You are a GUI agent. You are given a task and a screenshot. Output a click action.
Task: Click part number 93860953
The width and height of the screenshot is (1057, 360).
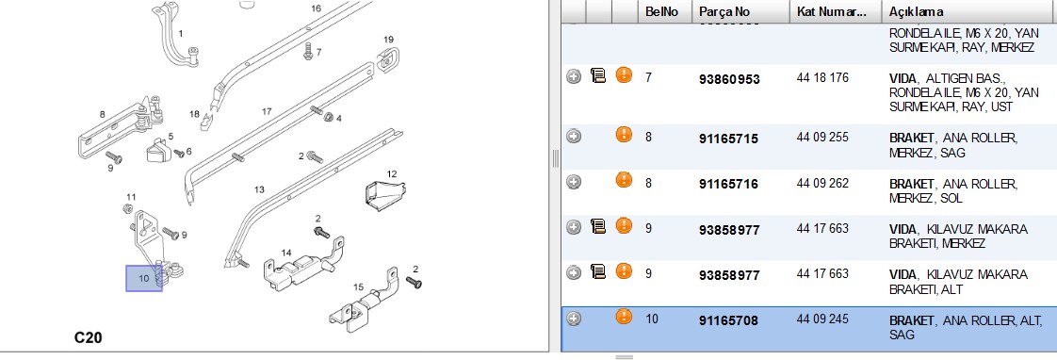pyautogui.click(x=729, y=79)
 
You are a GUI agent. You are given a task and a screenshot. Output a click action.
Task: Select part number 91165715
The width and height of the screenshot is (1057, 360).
pyautogui.click(x=729, y=139)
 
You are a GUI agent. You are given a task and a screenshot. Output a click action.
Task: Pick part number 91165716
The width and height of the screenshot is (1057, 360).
pyautogui.click(x=729, y=184)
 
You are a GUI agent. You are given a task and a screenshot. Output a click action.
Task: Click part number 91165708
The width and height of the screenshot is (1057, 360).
pyautogui.click(x=729, y=321)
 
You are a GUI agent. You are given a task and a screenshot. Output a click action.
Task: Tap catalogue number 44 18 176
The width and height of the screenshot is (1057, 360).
pyautogui.click(x=822, y=77)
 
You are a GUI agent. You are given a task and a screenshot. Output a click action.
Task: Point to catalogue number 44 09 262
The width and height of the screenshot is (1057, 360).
pyautogui.click(x=822, y=183)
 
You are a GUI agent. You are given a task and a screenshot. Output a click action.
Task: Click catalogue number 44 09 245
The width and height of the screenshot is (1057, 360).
pyautogui.click(x=822, y=319)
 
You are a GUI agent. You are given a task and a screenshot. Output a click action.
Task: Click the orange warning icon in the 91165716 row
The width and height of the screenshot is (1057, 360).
pyautogui.click(x=624, y=180)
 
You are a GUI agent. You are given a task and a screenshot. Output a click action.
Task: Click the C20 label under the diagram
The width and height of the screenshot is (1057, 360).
pyautogui.click(x=89, y=337)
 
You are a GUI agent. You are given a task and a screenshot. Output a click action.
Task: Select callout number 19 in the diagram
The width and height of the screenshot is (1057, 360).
pyautogui.click(x=388, y=39)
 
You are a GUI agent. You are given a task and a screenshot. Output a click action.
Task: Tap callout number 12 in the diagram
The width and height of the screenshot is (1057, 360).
pyautogui.click(x=392, y=174)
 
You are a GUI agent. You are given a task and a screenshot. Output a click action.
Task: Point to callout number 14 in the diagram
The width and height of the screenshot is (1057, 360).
pyautogui.click(x=286, y=253)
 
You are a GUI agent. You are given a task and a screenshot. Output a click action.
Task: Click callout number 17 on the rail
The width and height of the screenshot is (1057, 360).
pyautogui.click(x=267, y=111)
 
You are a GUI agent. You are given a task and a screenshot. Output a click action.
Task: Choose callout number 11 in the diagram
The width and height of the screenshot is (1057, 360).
pyautogui.click(x=131, y=197)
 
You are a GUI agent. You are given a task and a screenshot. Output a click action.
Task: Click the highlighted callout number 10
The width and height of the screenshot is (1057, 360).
pyautogui.click(x=143, y=278)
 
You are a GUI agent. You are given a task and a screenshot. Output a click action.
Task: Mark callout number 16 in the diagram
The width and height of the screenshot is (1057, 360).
pyautogui.click(x=317, y=8)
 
